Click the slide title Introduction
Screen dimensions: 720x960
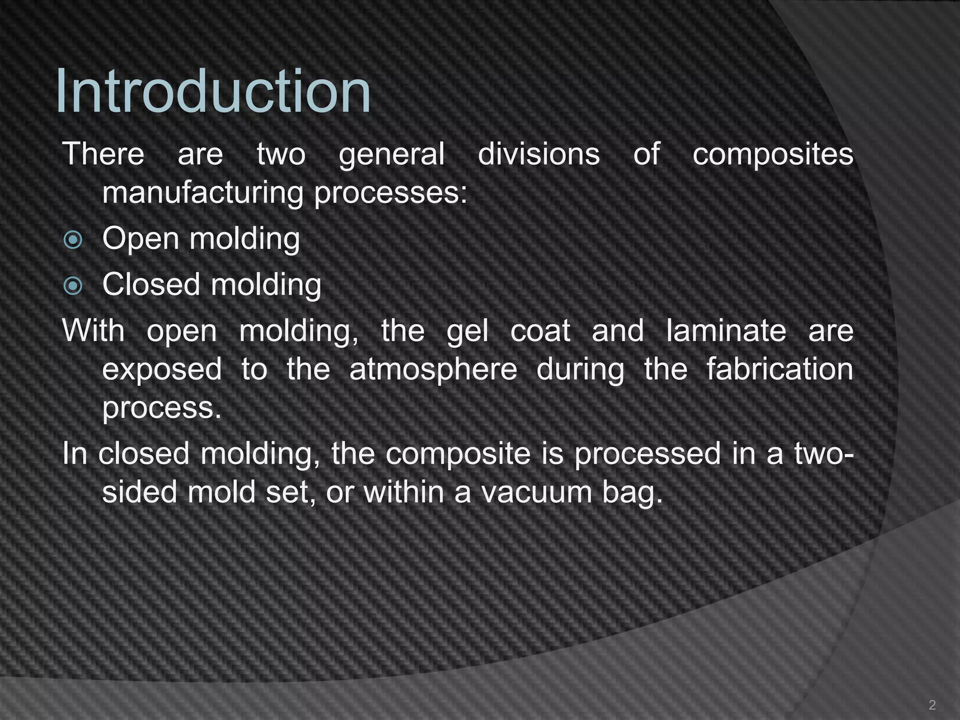pos(213,91)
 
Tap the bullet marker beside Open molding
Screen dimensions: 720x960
pos(73,240)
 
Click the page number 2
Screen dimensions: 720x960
pos(932,705)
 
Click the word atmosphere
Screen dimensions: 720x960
pos(433,369)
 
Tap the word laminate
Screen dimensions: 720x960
pos(726,331)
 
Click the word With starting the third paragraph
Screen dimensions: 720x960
pos(94,330)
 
